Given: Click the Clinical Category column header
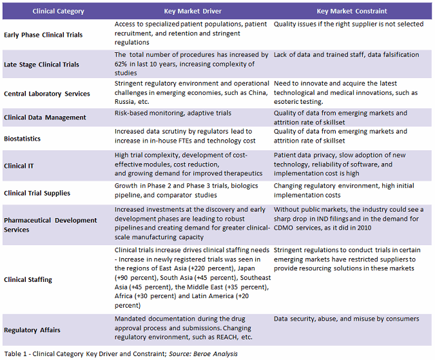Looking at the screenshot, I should pyautogui.click(x=44, y=11).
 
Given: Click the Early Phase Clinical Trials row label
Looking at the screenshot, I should pyautogui.click(x=43, y=35).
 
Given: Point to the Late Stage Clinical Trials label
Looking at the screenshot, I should pyautogui.click(x=41, y=65).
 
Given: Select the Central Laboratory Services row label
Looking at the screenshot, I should pyautogui.click(x=47, y=94).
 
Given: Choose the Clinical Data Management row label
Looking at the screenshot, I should pyautogui.click(x=45, y=117).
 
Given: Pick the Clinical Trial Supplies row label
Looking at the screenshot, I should pyautogui.click(x=37, y=193).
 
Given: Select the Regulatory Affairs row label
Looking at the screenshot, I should pyautogui.click(x=32, y=330).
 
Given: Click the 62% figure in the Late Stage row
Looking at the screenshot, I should pyautogui.click(x=122, y=64).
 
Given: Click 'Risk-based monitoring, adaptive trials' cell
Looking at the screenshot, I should pyautogui.click(x=173, y=113).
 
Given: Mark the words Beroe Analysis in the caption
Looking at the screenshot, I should pyautogui.click(x=220, y=354).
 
